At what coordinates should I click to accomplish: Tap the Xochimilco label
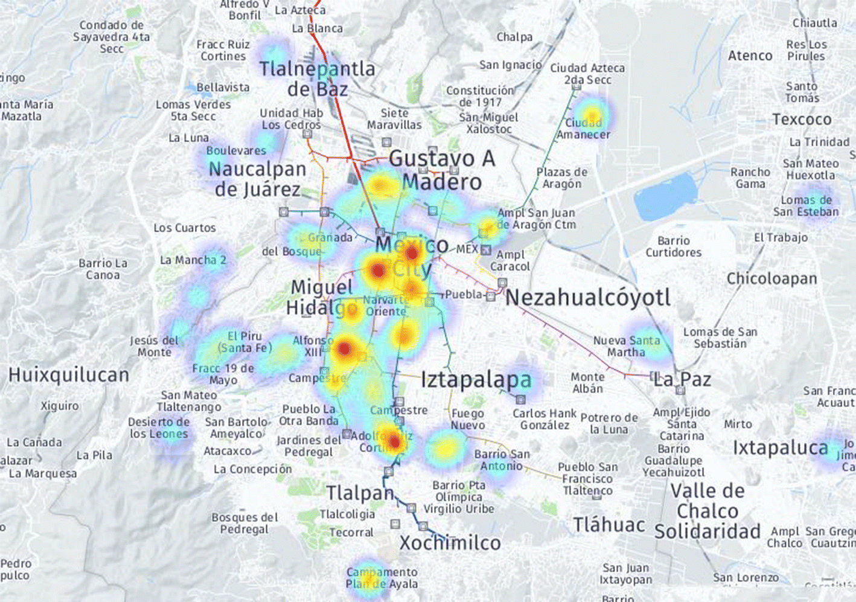click(450, 543)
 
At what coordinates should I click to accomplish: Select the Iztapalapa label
click(476, 380)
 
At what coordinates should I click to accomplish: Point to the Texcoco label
click(802, 120)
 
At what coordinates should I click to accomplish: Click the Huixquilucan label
click(69, 375)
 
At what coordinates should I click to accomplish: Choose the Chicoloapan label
click(771, 278)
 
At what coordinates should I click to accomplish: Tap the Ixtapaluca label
click(780, 448)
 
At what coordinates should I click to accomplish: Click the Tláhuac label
click(608, 525)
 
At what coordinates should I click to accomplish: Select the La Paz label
click(682, 380)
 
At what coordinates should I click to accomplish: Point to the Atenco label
click(750, 56)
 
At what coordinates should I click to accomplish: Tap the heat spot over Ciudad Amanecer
click(592, 115)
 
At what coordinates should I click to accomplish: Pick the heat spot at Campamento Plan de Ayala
click(366, 577)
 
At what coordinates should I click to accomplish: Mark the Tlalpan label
click(360, 493)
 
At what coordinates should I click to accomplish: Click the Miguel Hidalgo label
click(321, 297)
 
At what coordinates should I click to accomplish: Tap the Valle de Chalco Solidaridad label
click(707, 511)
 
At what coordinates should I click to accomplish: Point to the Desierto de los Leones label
click(159, 427)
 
